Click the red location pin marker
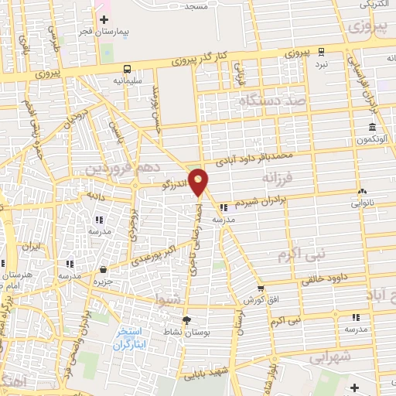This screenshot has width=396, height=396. click(199, 181)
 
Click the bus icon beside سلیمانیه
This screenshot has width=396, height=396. click(127, 68)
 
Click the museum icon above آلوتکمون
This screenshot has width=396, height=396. click(373, 126)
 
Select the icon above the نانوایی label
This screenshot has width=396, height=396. click(361, 191)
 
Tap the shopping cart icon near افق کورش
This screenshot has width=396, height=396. click(261, 288)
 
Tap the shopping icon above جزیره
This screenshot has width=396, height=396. click(104, 269)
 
